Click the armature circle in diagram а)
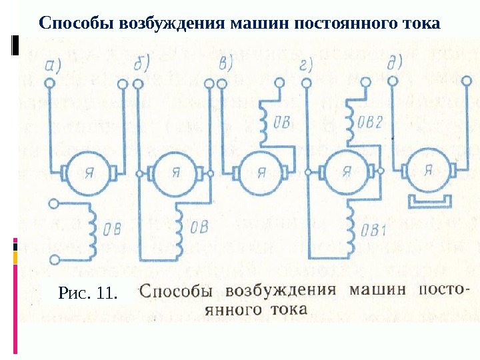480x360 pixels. coord(88,172)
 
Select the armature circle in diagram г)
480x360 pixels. coord(345,172)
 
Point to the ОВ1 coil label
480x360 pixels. coord(374,231)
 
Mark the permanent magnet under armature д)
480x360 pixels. coord(430,201)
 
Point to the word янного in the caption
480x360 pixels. coord(245,310)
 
